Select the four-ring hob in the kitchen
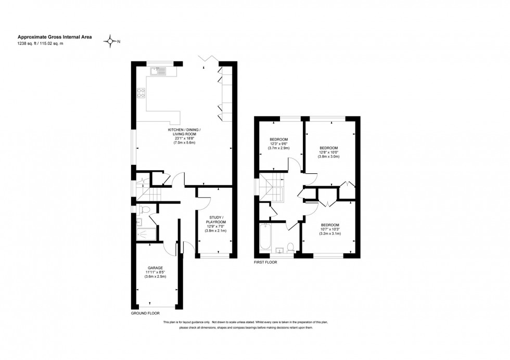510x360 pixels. point(141,94)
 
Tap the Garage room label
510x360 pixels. point(155,267)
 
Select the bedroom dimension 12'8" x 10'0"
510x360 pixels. point(328,152)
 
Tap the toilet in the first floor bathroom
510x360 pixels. point(291,247)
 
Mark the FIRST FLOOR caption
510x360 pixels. point(265,263)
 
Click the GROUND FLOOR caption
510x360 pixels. point(145,314)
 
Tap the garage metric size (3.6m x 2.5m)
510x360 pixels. point(155,276)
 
